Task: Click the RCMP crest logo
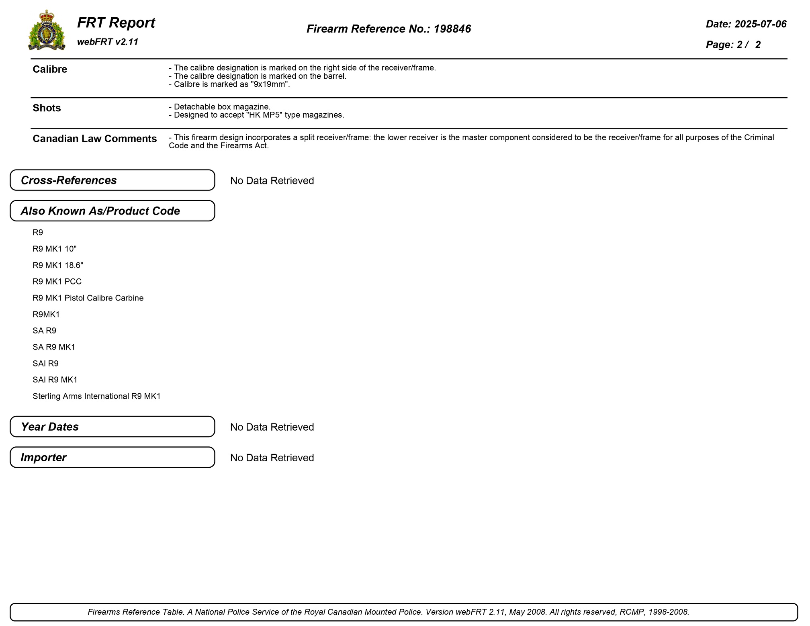(x=47, y=31)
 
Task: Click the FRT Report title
(x=116, y=23)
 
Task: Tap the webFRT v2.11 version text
(x=107, y=42)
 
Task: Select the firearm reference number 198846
(x=452, y=29)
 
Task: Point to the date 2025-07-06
(x=760, y=24)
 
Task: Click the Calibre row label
(x=50, y=70)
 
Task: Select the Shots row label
(x=47, y=108)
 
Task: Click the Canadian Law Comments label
(x=94, y=139)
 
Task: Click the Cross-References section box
(x=112, y=180)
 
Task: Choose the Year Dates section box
(x=112, y=427)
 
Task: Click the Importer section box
(x=112, y=457)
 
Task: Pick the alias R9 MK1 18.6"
(x=58, y=265)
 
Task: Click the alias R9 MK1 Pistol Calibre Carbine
(x=88, y=298)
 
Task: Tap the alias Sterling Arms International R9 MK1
(x=96, y=396)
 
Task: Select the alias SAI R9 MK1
(x=55, y=380)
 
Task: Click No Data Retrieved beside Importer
(x=272, y=458)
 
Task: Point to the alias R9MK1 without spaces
(x=46, y=314)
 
